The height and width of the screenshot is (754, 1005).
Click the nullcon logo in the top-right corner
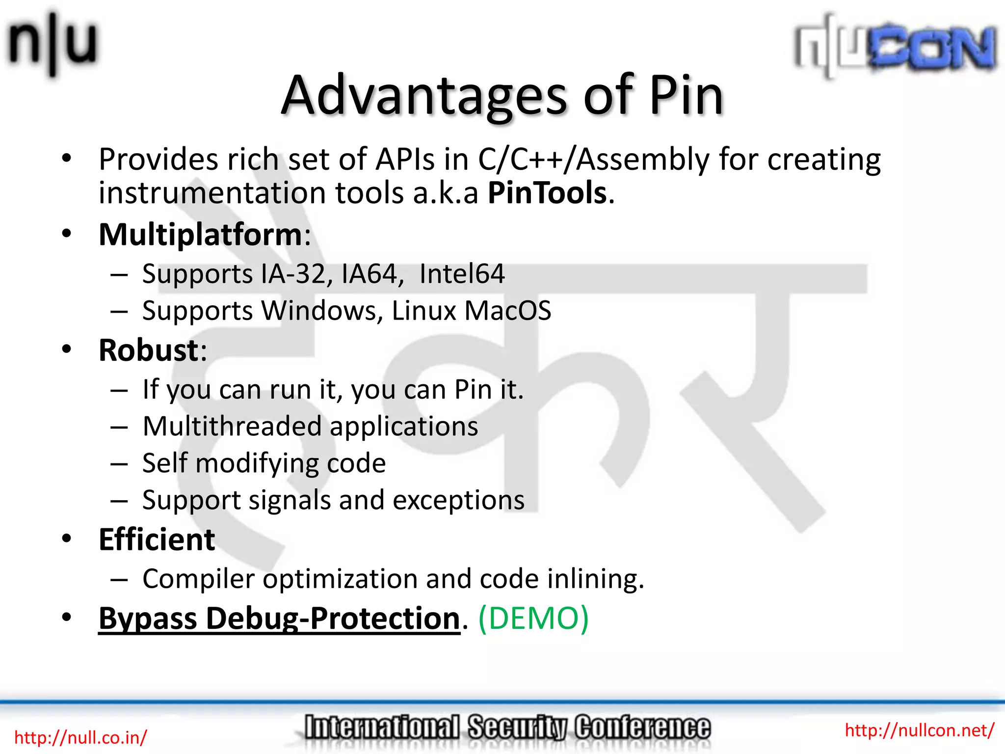coord(896,47)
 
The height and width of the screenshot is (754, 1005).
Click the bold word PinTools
coord(547,192)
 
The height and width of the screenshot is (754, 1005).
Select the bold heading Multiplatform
coord(200,235)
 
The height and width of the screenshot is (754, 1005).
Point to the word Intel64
coord(462,274)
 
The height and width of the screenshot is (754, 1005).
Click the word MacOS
coord(507,311)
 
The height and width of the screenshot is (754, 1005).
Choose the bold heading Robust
coord(148,350)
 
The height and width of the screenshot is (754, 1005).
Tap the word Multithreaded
coord(232,426)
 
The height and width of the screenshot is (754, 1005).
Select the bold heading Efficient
coord(157,539)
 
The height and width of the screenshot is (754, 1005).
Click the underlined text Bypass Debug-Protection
coord(279,619)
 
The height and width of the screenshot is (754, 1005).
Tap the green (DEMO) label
coord(533,618)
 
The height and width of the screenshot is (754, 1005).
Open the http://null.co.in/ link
coord(80,737)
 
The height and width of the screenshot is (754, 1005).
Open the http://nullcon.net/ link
coord(919,730)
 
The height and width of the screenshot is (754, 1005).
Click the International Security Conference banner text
coord(507,727)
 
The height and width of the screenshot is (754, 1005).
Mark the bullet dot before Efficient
coord(67,539)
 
